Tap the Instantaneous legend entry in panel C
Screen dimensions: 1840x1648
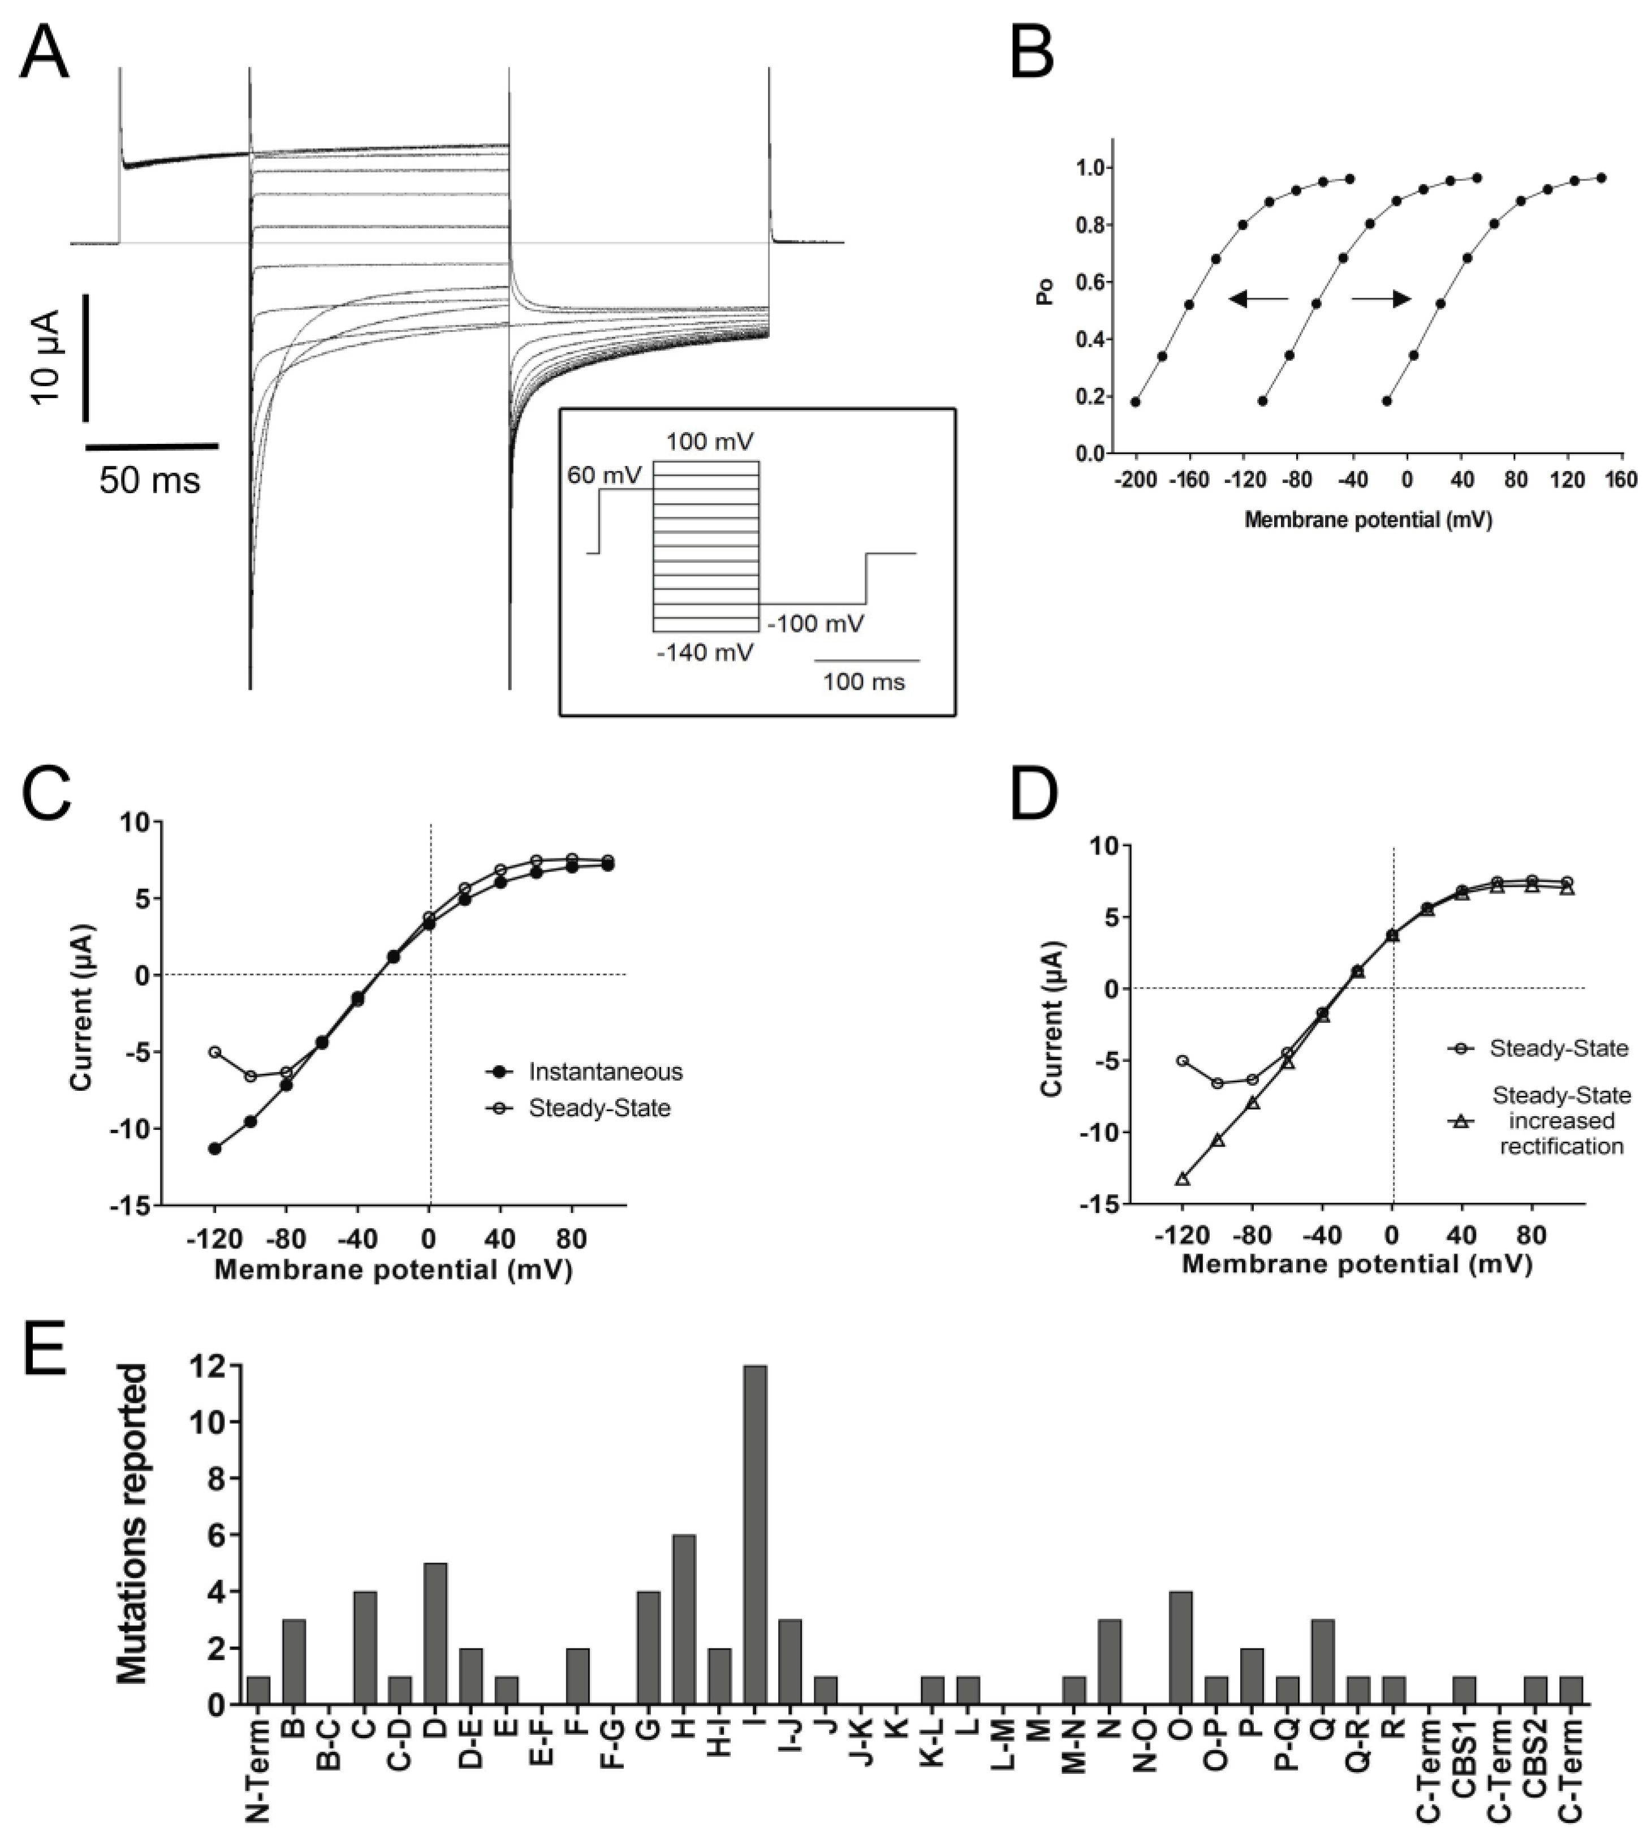tap(606, 1072)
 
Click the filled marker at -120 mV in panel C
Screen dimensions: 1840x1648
tap(214, 1148)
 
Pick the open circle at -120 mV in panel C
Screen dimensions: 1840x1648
tap(214, 1052)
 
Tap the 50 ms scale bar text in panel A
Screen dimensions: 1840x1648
tap(149, 480)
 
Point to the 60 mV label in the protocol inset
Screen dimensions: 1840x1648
tap(604, 474)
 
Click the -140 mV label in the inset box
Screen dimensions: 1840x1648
tap(705, 652)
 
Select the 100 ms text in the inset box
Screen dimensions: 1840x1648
tap(863, 682)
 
